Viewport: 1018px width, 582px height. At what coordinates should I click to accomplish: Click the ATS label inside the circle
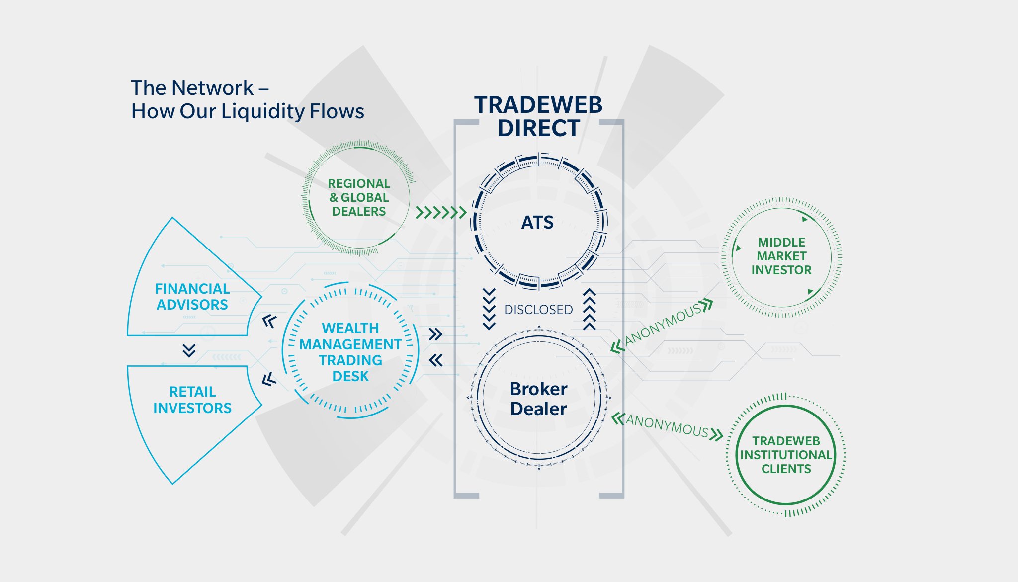pos(537,222)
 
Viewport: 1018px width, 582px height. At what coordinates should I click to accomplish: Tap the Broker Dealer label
pos(538,399)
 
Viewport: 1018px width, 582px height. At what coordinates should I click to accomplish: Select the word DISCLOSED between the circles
pos(538,310)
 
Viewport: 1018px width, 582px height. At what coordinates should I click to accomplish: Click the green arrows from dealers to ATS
pos(441,213)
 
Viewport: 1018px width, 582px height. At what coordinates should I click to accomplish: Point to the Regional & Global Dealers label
pos(358,197)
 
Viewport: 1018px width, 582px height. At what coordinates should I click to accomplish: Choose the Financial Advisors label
pos(192,297)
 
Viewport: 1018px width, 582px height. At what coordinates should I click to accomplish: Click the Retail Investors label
pos(192,400)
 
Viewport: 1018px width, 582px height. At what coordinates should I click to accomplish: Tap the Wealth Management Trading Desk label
pos(350,352)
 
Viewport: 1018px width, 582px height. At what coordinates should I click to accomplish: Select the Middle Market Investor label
pos(781,256)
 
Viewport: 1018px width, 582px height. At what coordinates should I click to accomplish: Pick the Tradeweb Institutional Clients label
pos(786,455)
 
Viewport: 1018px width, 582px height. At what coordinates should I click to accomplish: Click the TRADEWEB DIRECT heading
pos(538,116)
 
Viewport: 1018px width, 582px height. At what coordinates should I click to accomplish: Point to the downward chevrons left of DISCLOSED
pos(489,309)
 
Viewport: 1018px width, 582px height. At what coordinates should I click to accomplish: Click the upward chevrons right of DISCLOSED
pos(589,309)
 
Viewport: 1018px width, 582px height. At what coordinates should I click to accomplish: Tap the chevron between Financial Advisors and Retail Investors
pos(189,350)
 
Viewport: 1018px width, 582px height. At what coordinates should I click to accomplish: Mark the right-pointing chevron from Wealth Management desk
pos(435,334)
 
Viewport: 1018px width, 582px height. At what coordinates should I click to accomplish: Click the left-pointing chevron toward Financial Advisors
pos(269,322)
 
